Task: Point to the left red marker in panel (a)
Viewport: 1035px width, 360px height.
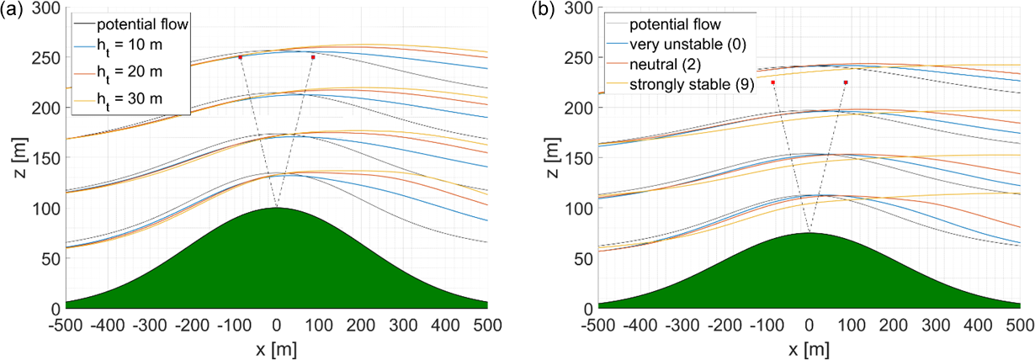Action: click(241, 57)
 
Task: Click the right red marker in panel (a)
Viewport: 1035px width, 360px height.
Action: click(313, 57)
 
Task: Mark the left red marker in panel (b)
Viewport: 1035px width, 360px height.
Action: click(772, 82)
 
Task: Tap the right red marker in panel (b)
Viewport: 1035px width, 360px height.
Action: click(846, 82)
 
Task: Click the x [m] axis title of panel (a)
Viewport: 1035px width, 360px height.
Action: click(277, 347)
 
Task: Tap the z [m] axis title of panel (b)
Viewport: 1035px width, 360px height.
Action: click(553, 158)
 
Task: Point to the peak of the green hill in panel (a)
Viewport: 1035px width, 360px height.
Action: click(277, 208)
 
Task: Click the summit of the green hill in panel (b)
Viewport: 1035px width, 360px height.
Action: click(809, 233)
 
